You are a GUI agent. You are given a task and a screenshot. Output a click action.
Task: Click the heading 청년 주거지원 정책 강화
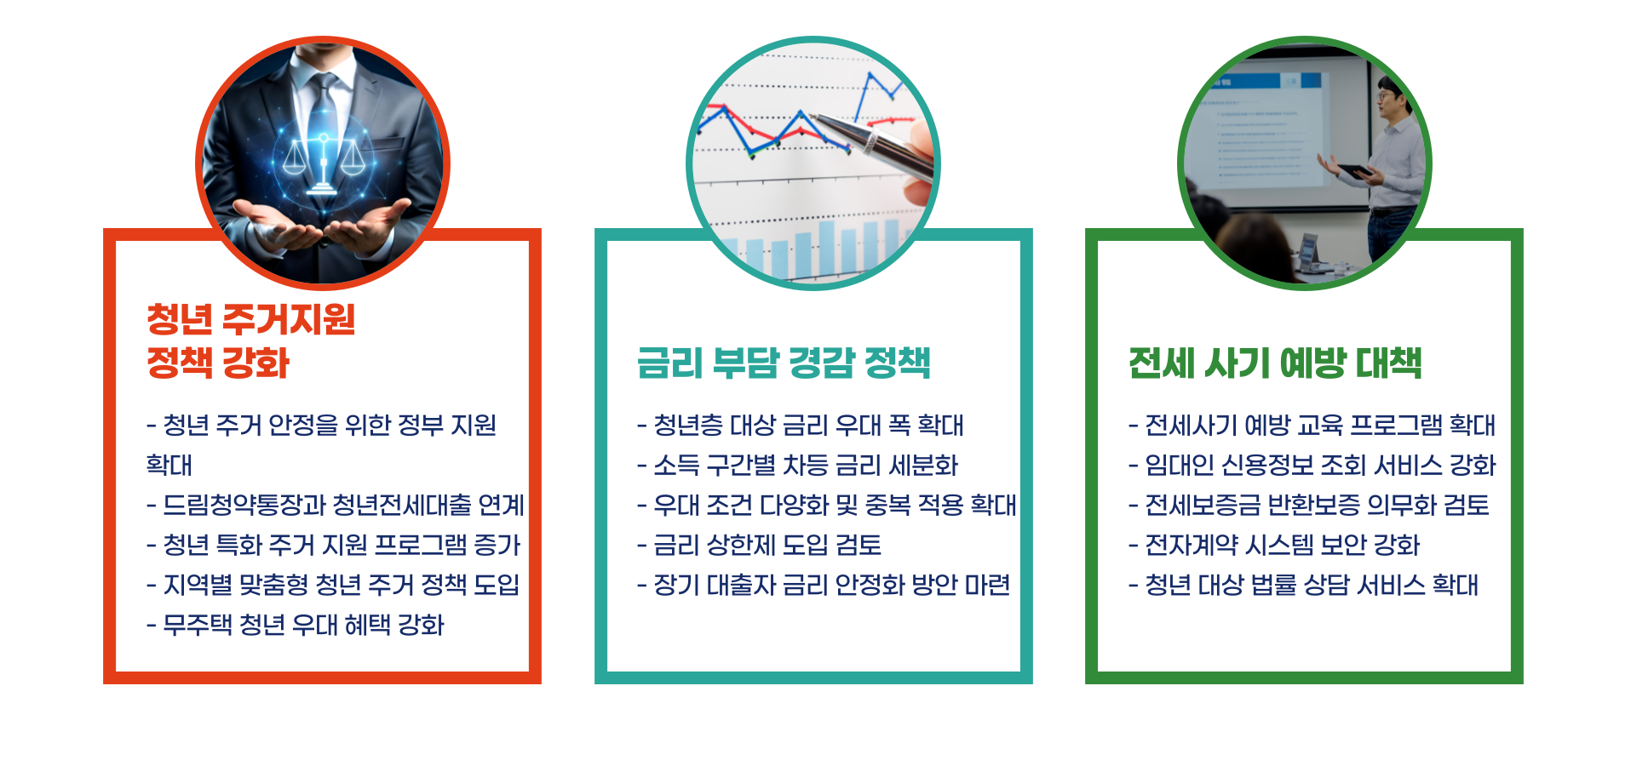[250, 340]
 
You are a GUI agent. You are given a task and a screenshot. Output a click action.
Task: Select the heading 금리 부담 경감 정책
[783, 363]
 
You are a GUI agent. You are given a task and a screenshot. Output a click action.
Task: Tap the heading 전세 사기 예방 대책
[1274, 363]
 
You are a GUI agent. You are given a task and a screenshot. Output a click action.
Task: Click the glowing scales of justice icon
[323, 162]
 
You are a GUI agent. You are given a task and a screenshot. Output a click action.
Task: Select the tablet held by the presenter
[1354, 170]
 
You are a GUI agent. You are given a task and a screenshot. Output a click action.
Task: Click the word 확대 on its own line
[169, 465]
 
